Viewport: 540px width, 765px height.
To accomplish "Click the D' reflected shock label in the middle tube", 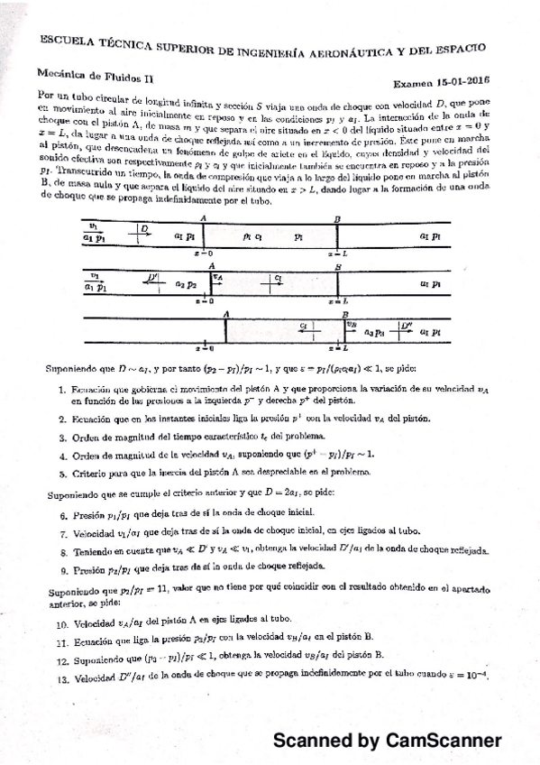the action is pos(154,277).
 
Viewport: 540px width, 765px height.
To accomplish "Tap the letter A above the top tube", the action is pos(205,217).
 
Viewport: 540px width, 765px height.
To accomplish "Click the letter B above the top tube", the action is pos(337,218).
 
